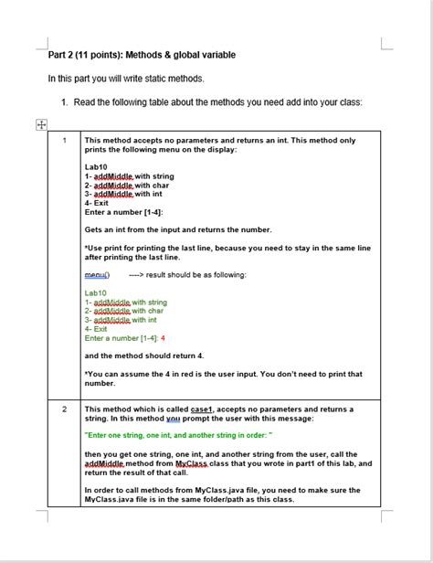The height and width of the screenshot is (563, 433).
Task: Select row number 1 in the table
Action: pyautogui.click(x=65, y=140)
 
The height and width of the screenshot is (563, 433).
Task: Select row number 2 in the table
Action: pyautogui.click(x=65, y=409)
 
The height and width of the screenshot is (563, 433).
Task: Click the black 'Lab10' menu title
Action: pyautogui.click(x=96, y=167)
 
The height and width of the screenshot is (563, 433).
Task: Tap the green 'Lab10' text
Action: pyautogui.click(x=95, y=293)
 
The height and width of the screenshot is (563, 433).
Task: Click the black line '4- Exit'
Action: pyautogui.click(x=97, y=203)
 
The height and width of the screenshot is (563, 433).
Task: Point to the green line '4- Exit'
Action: pyautogui.click(x=96, y=328)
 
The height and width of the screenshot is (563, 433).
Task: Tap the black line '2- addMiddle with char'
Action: pyautogui.click(x=127, y=185)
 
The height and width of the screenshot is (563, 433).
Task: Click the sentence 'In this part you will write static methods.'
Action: pyautogui.click(x=126, y=79)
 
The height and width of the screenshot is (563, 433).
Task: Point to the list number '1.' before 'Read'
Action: pyautogui.click(x=65, y=101)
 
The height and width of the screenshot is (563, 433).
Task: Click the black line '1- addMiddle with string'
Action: pyautogui.click(x=129, y=176)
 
